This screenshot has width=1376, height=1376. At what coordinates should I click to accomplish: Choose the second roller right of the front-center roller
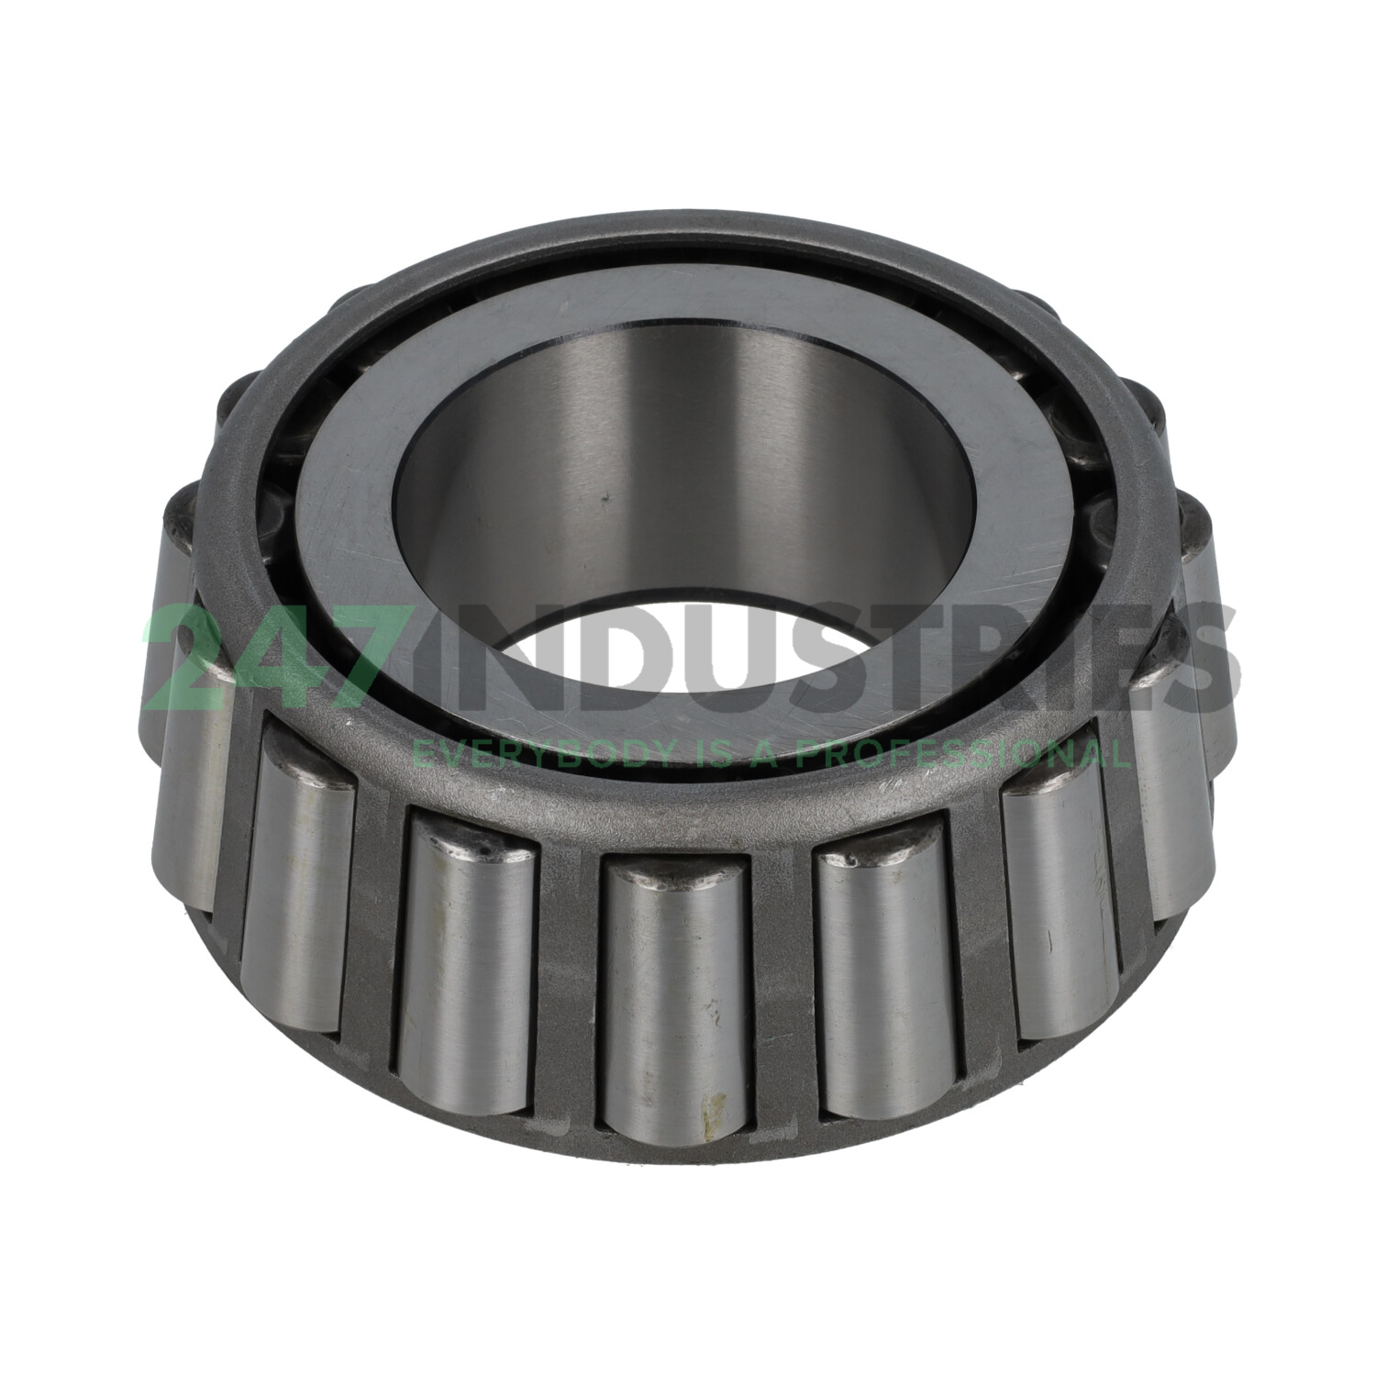pos(1061,908)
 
